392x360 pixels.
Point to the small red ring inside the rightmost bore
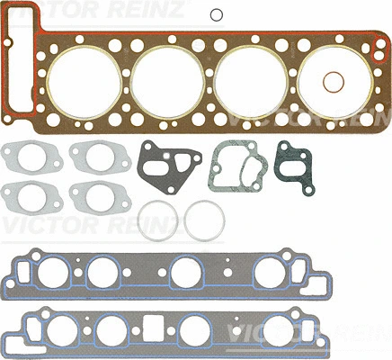[x=334, y=81]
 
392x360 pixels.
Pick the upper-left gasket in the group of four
[x=27, y=159]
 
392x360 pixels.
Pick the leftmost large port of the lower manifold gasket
[x=51, y=327]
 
